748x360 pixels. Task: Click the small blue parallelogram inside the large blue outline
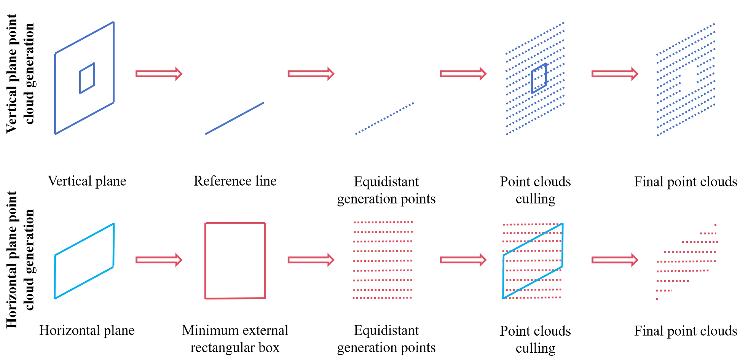click(88, 78)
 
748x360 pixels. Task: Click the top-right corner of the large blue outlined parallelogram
click(113, 23)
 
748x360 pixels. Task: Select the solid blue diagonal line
click(234, 118)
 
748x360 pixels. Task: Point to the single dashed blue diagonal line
click(384, 118)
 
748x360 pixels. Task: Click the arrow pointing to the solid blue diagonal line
click(158, 73)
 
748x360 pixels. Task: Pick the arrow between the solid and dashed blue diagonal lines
click(311, 73)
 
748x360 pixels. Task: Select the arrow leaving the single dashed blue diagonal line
click(463, 73)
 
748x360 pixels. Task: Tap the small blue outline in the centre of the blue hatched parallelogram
click(539, 78)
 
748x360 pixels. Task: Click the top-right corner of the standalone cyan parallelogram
click(113, 224)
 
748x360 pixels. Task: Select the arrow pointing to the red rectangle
click(158, 260)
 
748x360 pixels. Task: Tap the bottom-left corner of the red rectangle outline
click(206, 299)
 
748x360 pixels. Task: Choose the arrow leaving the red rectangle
click(311, 260)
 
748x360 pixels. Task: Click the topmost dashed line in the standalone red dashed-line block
click(383, 222)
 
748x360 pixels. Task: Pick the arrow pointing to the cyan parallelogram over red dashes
click(463, 260)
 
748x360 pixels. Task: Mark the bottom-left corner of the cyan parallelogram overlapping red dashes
click(504, 297)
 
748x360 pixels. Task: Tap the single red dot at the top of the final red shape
click(715, 225)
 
